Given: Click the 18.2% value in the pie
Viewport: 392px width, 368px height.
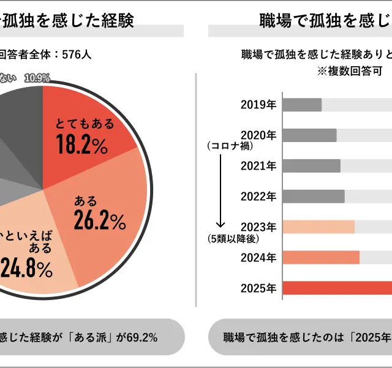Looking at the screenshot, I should point(81,145).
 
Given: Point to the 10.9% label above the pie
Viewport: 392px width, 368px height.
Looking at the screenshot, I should point(37,78).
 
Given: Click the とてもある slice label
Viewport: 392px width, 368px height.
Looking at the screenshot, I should point(85,124).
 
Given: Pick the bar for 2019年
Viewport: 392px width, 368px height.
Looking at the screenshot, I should point(303,105).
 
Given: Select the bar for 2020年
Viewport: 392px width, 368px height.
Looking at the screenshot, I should point(310,135).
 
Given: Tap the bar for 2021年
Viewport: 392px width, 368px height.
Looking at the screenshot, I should point(312,166).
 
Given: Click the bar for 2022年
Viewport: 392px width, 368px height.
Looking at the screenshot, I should point(314,196).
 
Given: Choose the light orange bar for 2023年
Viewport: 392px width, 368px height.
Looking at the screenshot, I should point(318,227).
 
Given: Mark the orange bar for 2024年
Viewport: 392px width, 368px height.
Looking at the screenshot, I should point(321,257).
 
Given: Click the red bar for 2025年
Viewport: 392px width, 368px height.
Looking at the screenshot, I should point(337,288).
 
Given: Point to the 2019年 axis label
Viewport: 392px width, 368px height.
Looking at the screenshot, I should point(258,105).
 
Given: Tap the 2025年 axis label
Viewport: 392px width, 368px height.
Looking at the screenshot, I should point(258,288).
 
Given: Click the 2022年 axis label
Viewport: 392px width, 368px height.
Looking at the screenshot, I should point(258,196).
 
